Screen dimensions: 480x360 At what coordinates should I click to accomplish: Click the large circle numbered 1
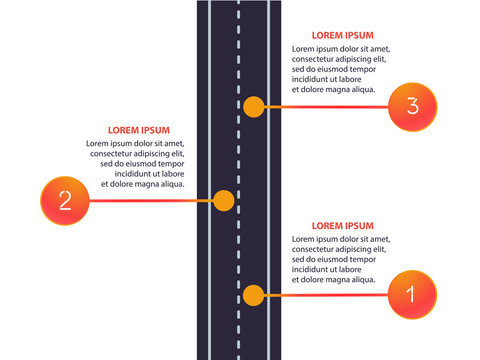coord(410,295)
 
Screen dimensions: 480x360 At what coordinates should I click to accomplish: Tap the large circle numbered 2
coord(64,200)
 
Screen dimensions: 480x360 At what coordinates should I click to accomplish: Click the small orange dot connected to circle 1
coord(254,295)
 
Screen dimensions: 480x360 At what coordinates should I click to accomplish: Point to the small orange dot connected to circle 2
coord(224,200)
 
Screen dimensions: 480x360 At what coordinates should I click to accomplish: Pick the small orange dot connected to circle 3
coord(254,105)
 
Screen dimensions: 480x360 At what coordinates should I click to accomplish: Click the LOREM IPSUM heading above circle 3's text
coord(343,34)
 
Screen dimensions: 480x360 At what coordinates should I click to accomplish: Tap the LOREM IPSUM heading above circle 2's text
coord(138,130)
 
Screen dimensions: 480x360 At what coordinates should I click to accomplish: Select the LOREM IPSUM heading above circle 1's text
coord(343,226)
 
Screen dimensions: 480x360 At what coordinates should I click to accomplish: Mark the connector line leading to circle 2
coord(150,200)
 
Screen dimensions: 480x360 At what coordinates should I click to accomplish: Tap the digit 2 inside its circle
coord(64,200)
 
